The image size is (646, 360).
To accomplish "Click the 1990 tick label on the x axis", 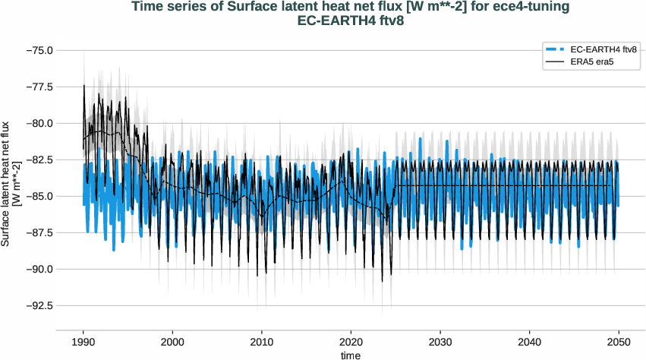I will tap(84, 343).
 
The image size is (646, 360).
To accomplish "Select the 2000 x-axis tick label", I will tap(172, 343).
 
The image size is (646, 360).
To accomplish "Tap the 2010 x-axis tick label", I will tap(262, 343).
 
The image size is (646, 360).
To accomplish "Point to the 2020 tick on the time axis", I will tap(351, 343).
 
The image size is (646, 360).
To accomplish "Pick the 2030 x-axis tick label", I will tap(440, 343).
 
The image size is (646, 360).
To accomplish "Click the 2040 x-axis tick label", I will tap(529, 343).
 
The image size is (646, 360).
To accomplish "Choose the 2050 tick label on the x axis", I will tap(619, 343).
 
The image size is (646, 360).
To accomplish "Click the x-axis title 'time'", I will tap(351, 355).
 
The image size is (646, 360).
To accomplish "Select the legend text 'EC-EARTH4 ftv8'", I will tap(602, 49).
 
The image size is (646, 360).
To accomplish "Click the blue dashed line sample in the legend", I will tap(553, 49).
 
